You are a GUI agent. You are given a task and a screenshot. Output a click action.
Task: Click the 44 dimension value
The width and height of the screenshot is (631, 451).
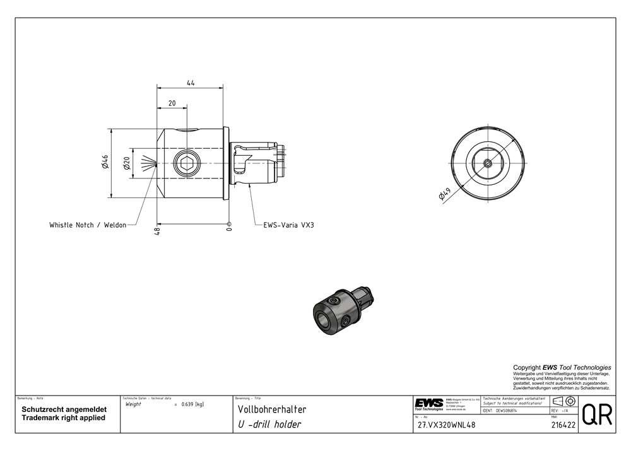tap(191, 83)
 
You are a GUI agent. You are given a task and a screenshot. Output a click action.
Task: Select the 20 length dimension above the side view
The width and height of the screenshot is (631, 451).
tap(172, 103)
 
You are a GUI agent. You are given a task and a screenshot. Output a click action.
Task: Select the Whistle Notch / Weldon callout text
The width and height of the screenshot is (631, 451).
tap(88, 225)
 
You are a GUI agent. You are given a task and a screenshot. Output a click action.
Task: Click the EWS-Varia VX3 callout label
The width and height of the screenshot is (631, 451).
tap(288, 225)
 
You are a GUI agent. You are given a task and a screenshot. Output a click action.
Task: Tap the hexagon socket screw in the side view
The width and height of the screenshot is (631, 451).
tap(187, 164)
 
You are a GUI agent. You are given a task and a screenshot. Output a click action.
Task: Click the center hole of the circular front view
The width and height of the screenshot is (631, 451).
tap(488, 163)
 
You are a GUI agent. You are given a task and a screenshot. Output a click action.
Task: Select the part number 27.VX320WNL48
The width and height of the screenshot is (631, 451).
tap(447, 425)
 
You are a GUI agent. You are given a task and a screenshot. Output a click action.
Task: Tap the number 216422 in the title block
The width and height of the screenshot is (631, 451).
tap(561, 426)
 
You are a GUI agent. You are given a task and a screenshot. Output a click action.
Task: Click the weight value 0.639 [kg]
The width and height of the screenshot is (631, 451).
tap(192, 404)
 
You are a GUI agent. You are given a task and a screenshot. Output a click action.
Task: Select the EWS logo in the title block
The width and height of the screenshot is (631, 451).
tap(428, 404)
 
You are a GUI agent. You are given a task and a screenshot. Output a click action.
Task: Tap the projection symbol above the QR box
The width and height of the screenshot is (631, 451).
tap(562, 402)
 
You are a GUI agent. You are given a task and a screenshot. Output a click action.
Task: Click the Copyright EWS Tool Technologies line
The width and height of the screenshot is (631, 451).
tap(562, 367)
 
